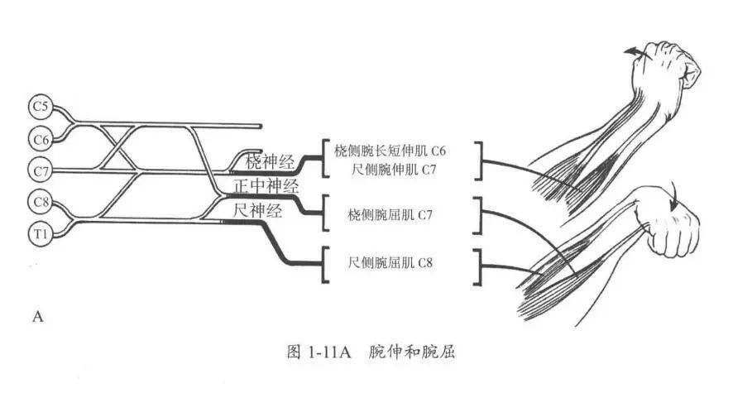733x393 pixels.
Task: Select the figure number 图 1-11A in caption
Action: coord(319,352)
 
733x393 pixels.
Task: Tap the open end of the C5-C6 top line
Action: coord(260,126)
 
